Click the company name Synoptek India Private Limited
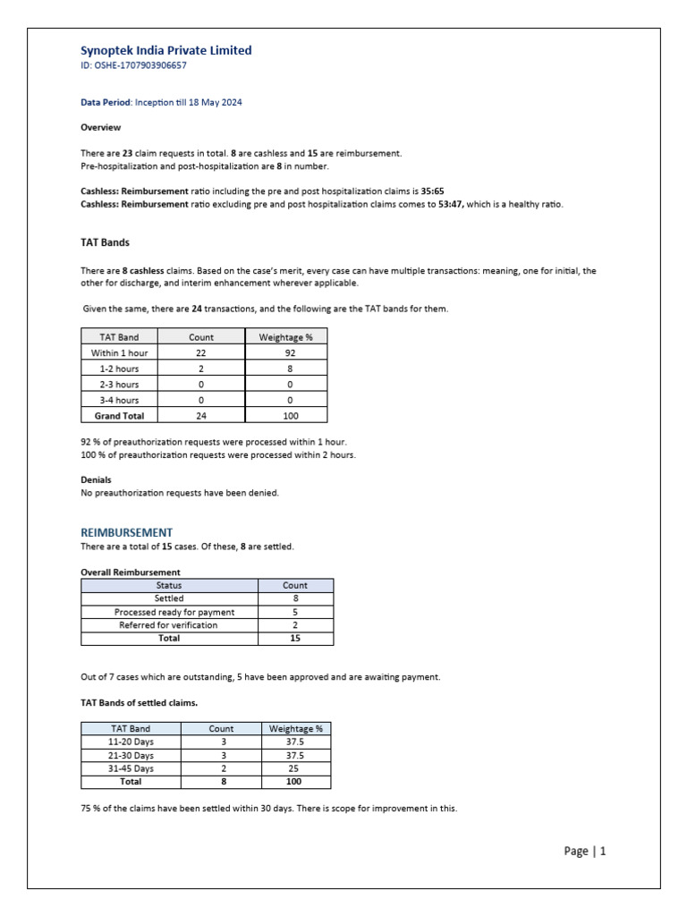pyautogui.click(x=166, y=51)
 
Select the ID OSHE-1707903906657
pyautogui.click(x=133, y=65)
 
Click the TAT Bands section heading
pyautogui.click(x=106, y=242)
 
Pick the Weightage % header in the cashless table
pyautogui.click(x=285, y=337)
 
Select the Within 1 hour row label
pyautogui.click(x=119, y=353)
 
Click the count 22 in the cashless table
pyautogui.click(x=201, y=353)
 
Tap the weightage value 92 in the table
pyautogui.click(x=285, y=353)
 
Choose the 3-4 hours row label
pyautogui.click(x=119, y=400)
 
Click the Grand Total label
pyautogui.click(x=119, y=416)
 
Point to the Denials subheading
pyautogui.click(x=96, y=479)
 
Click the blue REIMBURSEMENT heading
pyautogui.click(x=126, y=532)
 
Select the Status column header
pyautogui.click(x=169, y=585)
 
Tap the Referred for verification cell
pyautogui.click(x=168, y=625)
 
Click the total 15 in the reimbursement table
pyautogui.click(x=295, y=639)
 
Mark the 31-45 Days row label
pyautogui.click(x=131, y=768)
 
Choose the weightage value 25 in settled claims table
pyautogui.click(x=295, y=768)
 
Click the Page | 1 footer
pyautogui.click(x=585, y=852)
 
